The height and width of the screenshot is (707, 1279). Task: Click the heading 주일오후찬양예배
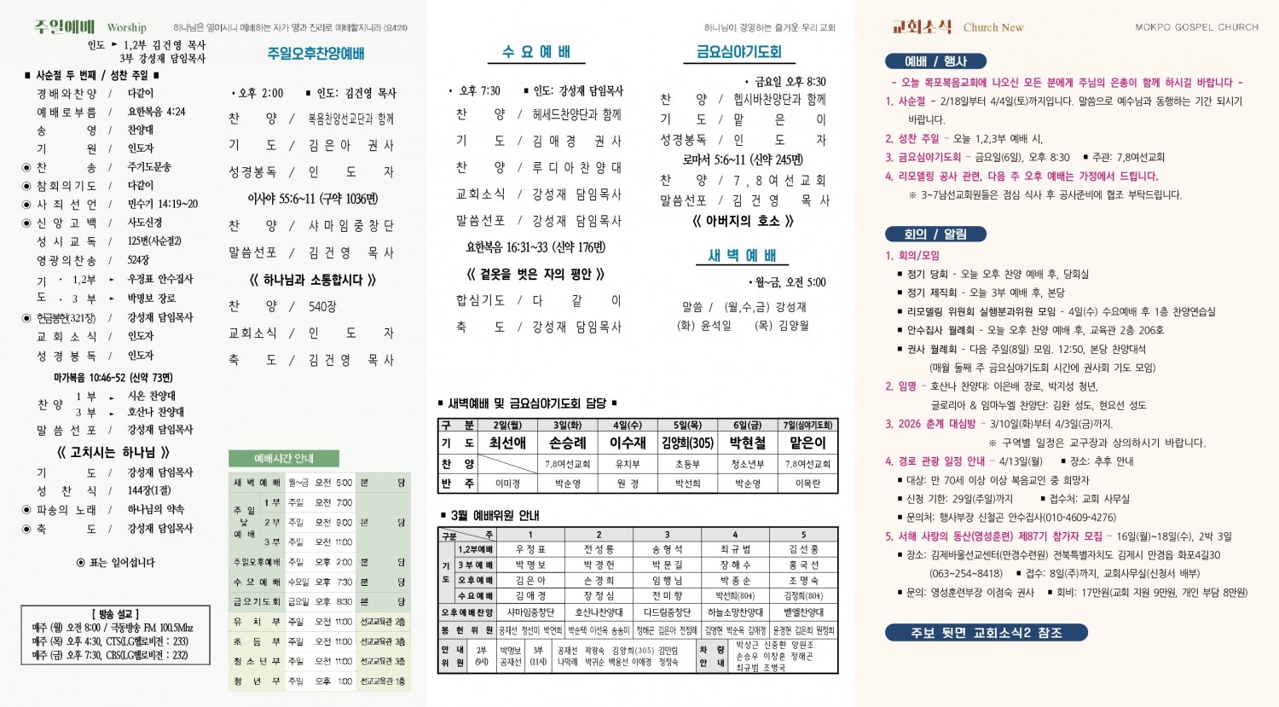coord(315,54)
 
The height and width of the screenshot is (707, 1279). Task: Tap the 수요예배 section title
coord(536,52)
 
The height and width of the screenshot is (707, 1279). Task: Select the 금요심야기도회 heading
coord(738,52)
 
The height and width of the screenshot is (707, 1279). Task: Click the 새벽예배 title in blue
coord(742,256)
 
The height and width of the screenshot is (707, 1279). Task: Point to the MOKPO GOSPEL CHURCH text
coord(1196,27)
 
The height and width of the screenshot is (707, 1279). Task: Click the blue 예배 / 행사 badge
coord(935,61)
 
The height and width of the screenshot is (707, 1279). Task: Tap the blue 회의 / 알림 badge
coord(935,234)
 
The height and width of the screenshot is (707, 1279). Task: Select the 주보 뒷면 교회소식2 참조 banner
coord(986,633)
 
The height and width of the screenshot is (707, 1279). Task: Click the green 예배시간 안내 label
coord(284,458)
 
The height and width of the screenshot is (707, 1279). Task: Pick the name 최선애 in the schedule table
coord(507,443)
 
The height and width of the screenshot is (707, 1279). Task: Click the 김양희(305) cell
coord(687,443)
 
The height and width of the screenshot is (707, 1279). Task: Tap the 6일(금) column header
coord(747,425)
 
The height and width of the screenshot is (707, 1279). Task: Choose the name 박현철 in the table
coord(747,443)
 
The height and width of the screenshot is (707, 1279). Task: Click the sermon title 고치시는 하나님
coord(113,452)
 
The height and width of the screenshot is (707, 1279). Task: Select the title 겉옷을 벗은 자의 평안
coord(535,274)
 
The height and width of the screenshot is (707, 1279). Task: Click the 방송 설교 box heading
coord(115,614)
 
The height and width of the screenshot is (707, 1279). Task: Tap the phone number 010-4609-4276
coord(1053,518)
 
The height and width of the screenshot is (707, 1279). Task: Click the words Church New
coord(993,27)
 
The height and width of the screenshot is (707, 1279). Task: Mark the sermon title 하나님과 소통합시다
coord(312,280)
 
